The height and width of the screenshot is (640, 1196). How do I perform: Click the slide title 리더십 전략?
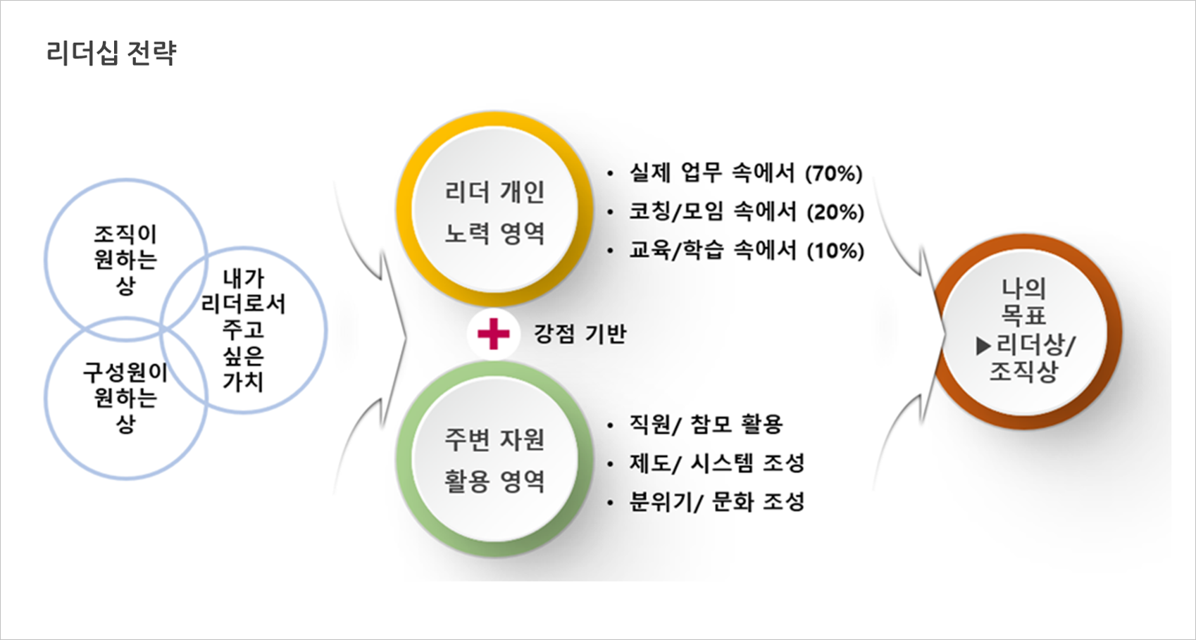[111, 54]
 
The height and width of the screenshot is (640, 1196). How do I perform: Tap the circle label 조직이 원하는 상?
[125, 260]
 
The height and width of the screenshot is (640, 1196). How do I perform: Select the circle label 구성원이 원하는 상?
[125, 399]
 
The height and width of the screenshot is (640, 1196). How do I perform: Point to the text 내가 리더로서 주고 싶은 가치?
[244, 330]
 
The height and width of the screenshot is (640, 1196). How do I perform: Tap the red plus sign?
[493, 334]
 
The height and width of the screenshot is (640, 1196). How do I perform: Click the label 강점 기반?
[580, 334]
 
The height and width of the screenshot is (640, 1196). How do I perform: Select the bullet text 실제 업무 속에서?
[713, 173]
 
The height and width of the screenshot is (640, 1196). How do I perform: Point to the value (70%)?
[834, 173]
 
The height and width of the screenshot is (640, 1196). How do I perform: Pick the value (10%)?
[835, 251]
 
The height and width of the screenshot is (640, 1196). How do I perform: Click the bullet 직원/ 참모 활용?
[706, 425]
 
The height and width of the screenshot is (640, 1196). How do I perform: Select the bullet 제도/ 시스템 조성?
[717, 463]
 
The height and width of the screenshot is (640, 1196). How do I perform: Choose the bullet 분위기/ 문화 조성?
[717, 502]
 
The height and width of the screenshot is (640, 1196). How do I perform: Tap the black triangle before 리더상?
[983, 346]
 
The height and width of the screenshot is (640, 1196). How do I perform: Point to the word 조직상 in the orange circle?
[1023, 372]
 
